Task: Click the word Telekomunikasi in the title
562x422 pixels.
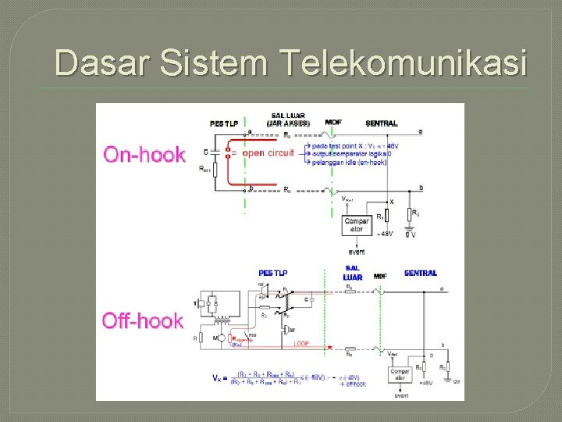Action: [x=402, y=63]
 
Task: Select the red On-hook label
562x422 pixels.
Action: [x=144, y=154]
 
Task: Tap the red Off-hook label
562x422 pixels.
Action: [x=143, y=320]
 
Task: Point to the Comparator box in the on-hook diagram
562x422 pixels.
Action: [x=357, y=224]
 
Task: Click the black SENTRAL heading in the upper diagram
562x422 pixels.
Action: [x=382, y=123]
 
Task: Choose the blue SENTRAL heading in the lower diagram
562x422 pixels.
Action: [x=420, y=273]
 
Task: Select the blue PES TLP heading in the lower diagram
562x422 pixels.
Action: [x=273, y=273]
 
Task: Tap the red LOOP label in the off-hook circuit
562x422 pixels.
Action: [x=301, y=343]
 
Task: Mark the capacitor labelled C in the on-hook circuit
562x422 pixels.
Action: [x=216, y=152]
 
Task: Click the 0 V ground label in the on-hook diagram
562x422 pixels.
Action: [x=411, y=234]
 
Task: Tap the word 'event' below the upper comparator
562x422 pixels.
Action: [x=356, y=252]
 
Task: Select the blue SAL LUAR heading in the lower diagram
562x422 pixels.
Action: [x=352, y=273]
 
